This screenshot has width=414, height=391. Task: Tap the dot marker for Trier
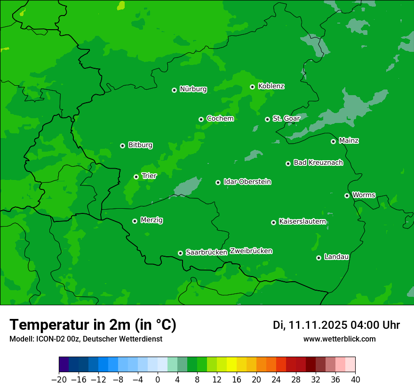(x=136, y=177)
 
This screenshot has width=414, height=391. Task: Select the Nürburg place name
(x=193, y=89)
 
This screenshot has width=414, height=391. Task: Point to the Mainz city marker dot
(x=333, y=141)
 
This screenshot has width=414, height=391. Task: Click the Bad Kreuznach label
(x=318, y=163)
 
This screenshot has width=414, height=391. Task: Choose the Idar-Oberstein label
(x=247, y=182)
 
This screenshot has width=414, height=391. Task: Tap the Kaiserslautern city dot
(x=273, y=222)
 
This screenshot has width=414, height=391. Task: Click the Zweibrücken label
(x=251, y=251)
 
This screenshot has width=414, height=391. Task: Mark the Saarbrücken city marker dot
(x=180, y=253)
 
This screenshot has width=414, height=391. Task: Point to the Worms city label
(x=364, y=195)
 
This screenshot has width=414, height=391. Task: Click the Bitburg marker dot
(x=122, y=146)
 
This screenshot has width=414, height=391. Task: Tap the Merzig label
(x=151, y=220)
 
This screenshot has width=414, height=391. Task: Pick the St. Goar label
(x=286, y=118)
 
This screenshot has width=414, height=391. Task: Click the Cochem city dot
(x=201, y=119)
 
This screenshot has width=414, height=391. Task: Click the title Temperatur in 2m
(x=93, y=325)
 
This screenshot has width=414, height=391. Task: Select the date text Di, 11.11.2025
(x=310, y=325)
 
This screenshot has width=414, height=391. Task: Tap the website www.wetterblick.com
(x=339, y=339)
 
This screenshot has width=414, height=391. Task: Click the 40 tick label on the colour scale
(x=355, y=380)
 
